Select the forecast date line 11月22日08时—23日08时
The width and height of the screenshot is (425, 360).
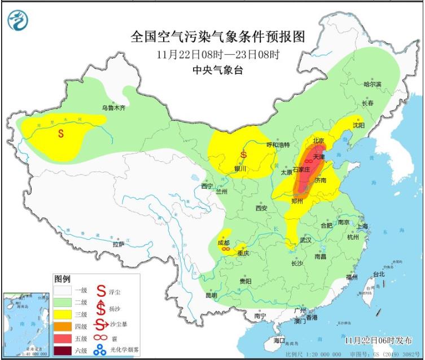tap(218, 55)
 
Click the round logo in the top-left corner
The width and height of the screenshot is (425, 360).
tap(18, 21)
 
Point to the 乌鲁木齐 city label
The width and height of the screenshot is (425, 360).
tap(113, 107)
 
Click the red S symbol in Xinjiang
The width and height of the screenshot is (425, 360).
tap(61, 134)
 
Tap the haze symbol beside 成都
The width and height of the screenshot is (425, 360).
tap(225, 248)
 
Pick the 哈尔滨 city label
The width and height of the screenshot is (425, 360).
tap(372, 84)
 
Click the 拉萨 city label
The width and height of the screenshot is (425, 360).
tap(118, 244)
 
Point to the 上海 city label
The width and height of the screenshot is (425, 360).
tap(362, 226)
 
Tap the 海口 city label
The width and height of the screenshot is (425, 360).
tap(279, 341)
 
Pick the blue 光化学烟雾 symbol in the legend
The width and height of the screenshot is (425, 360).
tap(100, 350)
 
